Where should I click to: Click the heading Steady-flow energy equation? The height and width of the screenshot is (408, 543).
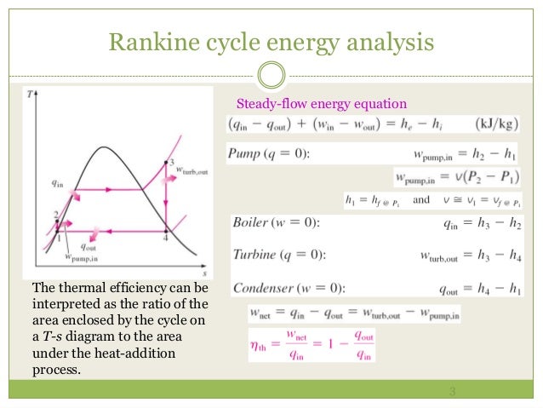coord(321,105)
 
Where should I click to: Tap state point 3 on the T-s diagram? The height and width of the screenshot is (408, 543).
coord(171,162)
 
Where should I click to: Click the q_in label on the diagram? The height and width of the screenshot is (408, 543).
coord(58,182)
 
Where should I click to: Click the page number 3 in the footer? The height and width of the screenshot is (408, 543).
coord(452,392)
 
